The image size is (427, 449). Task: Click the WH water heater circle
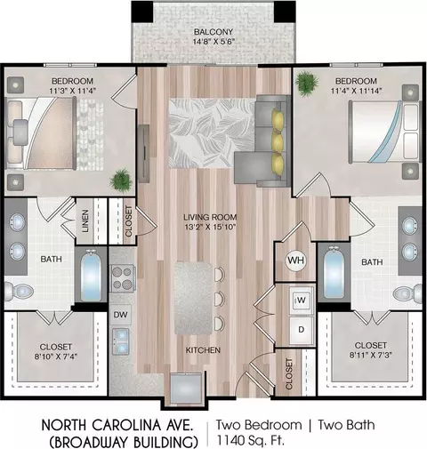tap(296, 261)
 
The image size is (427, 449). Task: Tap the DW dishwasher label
tap(120, 315)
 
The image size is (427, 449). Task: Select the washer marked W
tap(302, 300)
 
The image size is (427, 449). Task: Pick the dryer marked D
tap(302, 330)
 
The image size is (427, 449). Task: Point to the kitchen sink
tap(121, 341)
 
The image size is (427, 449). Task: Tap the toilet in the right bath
tap(407, 293)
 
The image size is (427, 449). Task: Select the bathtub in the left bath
tap(91, 276)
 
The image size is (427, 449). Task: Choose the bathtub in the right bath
tap(334, 273)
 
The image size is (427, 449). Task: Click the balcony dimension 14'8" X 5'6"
tap(213, 41)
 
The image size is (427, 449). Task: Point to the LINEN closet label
tap(85, 221)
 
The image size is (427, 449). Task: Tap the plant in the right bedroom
tap(307, 83)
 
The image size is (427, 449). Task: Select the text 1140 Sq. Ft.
tap(251, 440)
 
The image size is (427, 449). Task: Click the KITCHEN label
tap(203, 350)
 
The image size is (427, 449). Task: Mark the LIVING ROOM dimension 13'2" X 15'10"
tap(210, 228)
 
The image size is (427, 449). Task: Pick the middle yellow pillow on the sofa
tap(278, 143)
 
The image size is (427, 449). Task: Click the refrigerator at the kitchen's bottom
tap(186, 389)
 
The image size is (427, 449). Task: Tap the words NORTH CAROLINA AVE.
tap(117, 425)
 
